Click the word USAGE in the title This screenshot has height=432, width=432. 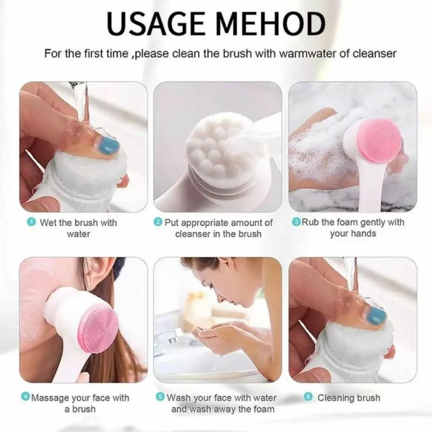pos(156,23)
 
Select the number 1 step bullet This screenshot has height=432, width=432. pos(31,222)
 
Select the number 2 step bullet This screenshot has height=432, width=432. pos(158,222)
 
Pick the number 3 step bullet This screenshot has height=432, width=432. pos(296,222)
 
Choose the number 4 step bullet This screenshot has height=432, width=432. pos(25,397)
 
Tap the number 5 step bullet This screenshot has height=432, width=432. pos(160,397)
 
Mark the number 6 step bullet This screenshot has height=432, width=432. pos(308,397)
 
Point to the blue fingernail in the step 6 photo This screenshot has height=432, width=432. pos(375,316)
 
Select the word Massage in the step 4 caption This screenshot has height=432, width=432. pos(50,398)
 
